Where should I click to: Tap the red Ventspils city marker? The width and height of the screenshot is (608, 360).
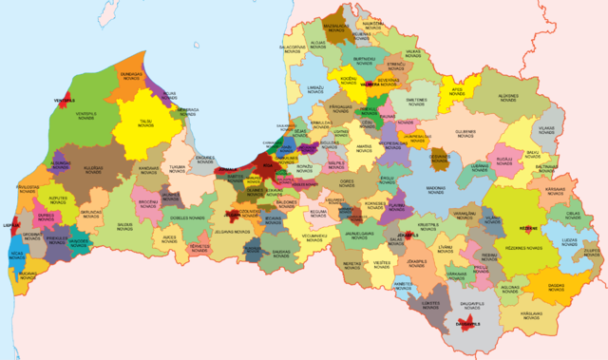[x=65, y=100]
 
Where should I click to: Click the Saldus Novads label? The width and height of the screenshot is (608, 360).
[x=124, y=226]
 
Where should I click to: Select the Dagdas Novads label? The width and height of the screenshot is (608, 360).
[x=556, y=286]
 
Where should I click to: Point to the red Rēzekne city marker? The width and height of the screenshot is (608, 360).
[x=526, y=229]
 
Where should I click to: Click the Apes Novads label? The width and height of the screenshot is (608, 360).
[x=457, y=92]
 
